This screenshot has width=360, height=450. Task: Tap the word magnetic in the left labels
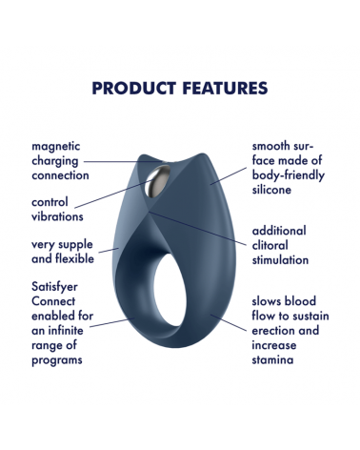tap(56, 146)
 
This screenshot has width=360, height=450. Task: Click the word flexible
tap(70, 258)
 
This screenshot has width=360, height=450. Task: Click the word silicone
tap(276, 190)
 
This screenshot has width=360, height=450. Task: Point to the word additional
tap(279, 231)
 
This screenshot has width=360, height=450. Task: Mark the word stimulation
tap(280, 259)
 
